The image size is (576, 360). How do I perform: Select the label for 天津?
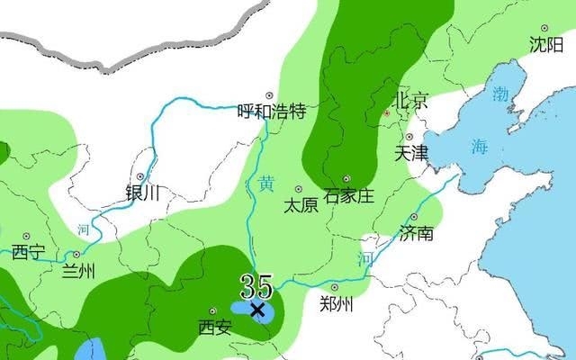click(411, 153)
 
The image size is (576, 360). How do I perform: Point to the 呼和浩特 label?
click(271, 112)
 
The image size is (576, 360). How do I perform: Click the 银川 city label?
click(142, 192)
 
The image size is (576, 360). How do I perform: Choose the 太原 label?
click(301, 205)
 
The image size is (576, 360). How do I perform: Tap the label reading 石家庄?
click(348, 196)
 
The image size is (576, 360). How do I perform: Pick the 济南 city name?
click(416, 234)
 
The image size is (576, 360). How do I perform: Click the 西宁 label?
click(27, 251)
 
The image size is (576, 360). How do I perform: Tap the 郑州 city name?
click(337, 304)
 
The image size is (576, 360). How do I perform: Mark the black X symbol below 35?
click(257, 310)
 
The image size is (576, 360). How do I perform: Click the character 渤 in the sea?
click(501, 93)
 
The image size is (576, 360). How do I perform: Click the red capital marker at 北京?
click(387, 113)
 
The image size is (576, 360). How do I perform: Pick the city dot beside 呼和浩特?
click(268, 94)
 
